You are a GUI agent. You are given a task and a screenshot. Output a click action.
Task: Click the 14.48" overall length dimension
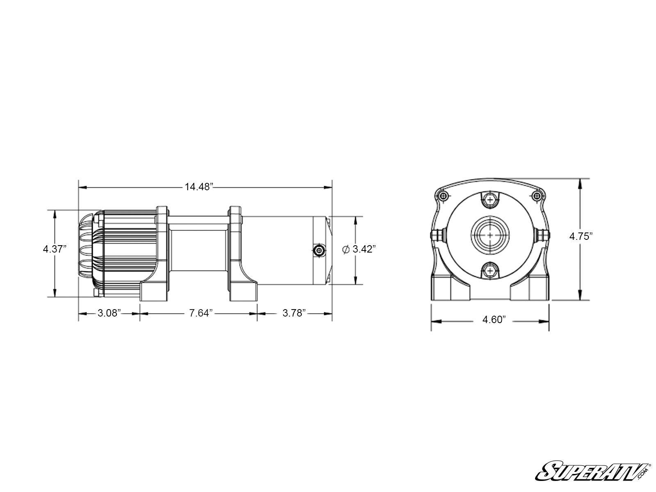[x=199, y=187]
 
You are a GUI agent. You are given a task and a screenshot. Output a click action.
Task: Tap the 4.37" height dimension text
[x=55, y=249]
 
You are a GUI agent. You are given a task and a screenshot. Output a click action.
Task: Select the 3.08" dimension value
[x=109, y=313]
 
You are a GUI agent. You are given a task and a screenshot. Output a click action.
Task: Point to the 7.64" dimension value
[x=201, y=313]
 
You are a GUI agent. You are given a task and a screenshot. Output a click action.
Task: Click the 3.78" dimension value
[x=294, y=313]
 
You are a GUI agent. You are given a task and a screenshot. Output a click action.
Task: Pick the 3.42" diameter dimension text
[x=364, y=249]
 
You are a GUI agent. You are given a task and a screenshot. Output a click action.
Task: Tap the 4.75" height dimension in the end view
[x=581, y=236]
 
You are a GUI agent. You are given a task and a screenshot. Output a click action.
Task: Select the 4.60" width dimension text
[x=494, y=320]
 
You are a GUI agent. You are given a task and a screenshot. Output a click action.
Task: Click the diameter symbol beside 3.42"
[x=345, y=249]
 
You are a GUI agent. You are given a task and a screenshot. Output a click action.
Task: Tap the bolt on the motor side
[x=319, y=251]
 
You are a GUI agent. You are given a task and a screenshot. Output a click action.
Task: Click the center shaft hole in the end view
[x=490, y=235]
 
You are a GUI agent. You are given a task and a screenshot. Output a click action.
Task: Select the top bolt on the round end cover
[x=490, y=200]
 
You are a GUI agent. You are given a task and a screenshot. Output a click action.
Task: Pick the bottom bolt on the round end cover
[x=490, y=271]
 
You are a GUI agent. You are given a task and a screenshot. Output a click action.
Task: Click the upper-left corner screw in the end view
[x=442, y=196]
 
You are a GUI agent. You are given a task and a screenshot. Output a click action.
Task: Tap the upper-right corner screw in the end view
[x=538, y=196]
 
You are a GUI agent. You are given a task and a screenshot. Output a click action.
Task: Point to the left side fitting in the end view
[x=437, y=235]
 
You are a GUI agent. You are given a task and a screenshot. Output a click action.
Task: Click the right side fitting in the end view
[x=543, y=235]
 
